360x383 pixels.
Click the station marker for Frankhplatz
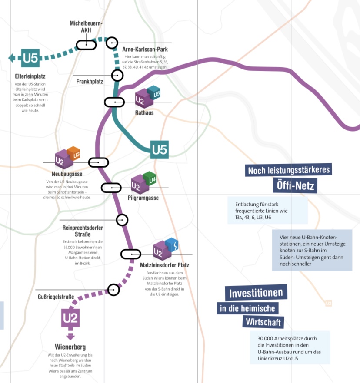(117, 75)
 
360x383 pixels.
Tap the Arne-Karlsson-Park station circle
(112, 43)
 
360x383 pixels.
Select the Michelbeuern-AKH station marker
(86, 44)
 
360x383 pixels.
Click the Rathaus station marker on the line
(115, 102)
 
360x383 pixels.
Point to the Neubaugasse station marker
(98, 162)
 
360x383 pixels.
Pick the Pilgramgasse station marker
(111, 188)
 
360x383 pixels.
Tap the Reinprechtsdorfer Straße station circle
(122, 220)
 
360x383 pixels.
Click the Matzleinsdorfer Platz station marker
(130, 254)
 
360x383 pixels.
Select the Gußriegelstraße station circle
(113, 290)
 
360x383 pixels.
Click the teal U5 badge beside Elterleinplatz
(30, 57)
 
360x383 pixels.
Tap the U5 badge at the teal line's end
(160, 150)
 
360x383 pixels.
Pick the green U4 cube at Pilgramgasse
(150, 179)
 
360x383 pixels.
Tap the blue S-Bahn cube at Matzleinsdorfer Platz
(172, 245)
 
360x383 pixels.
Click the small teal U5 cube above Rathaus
(154, 92)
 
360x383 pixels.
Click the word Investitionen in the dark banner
(256, 294)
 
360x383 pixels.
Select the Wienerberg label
(70, 347)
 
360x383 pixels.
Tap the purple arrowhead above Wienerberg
(70, 337)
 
